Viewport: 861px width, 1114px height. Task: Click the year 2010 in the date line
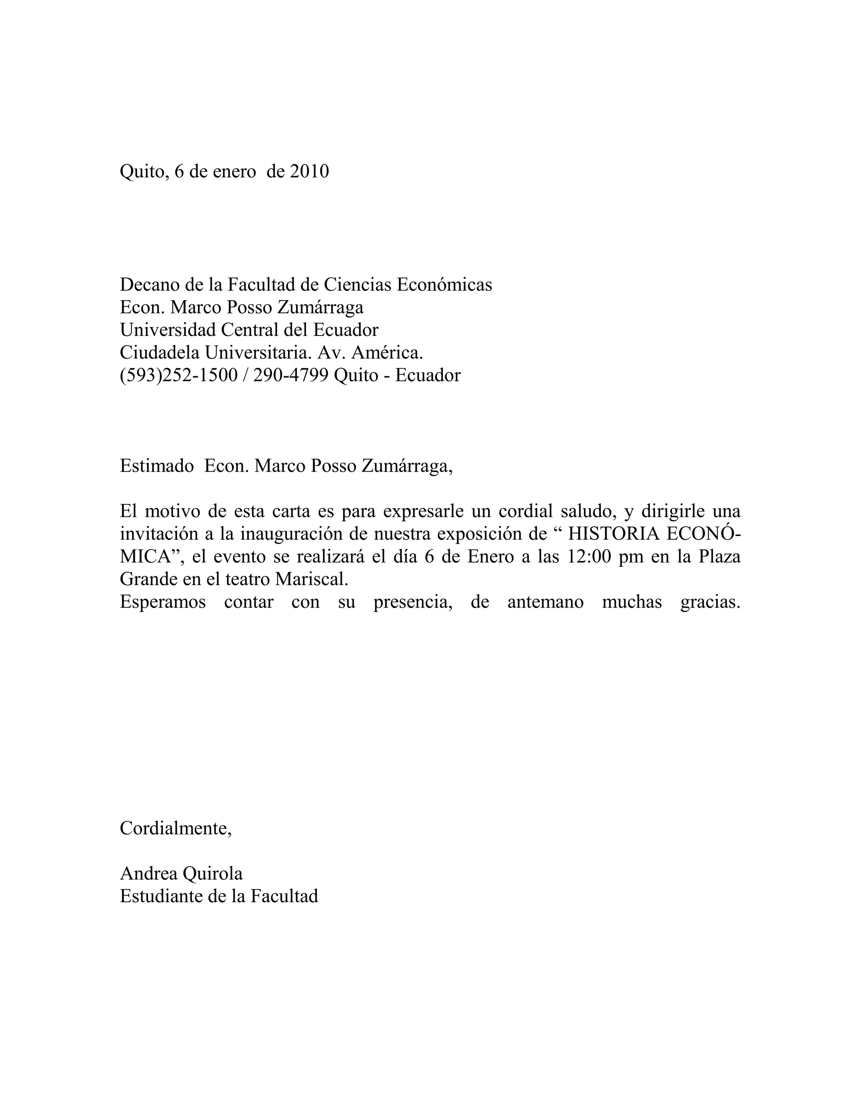[x=309, y=172]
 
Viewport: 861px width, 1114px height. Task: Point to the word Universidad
[x=168, y=330]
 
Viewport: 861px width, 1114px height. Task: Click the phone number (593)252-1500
[x=179, y=375]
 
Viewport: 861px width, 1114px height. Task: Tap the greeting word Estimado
[x=156, y=466]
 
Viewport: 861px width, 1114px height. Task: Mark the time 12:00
[x=589, y=557]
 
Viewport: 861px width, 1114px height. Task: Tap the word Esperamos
[x=163, y=602]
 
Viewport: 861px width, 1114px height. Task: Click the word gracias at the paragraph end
[x=710, y=602]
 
